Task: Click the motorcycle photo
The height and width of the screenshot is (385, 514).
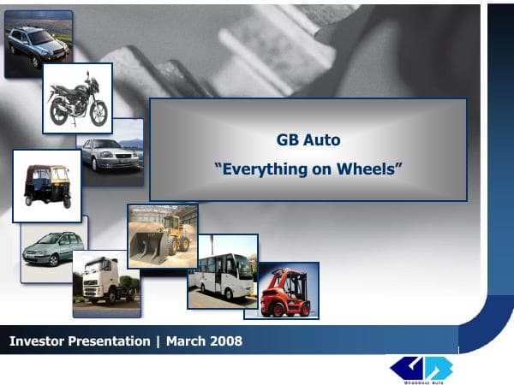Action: click(78, 98)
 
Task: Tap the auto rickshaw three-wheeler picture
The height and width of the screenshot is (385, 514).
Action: click(46, 185)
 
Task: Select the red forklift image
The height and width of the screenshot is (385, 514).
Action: click(287, 291)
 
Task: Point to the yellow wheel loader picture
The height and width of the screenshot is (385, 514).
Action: click(163, 235)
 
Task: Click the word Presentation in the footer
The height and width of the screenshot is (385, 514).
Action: click(108, 341)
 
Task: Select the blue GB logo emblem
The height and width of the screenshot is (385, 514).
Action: click(421, 366)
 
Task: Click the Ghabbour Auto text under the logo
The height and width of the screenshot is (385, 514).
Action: click(421, 381)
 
